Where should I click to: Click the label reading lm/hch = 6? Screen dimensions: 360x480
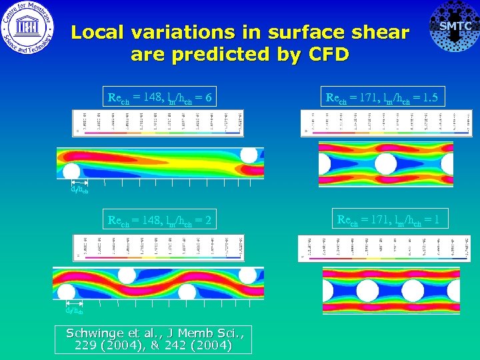(160, 99)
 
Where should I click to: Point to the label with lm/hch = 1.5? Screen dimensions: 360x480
(381, 99)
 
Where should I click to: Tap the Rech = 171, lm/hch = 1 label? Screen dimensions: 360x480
(392, 219)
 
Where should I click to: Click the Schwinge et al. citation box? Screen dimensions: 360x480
(154, 339)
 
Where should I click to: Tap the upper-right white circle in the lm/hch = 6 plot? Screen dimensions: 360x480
(249, 155)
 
